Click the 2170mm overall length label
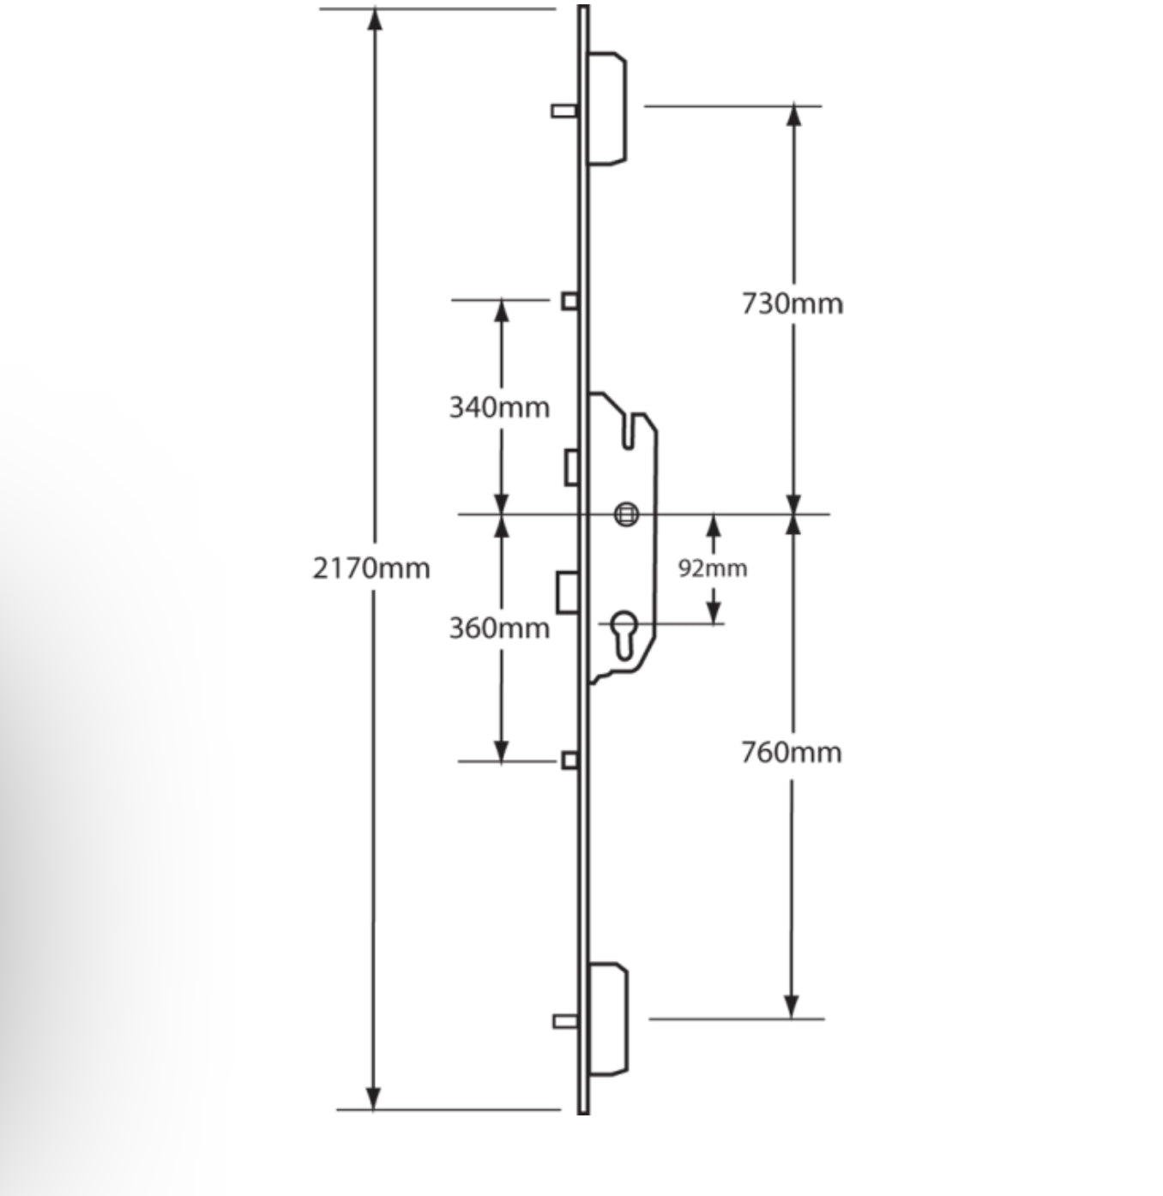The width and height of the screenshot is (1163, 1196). coord(371,568)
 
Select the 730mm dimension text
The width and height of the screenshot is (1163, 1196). coord(792,304)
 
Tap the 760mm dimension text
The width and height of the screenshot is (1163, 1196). coord(791,752)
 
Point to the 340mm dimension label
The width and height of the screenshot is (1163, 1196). coord(499,406)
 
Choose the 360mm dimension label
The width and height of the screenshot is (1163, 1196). coord(499,628)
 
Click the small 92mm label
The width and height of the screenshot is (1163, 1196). coord(712,568)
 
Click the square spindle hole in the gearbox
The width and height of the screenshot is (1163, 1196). coord(627,514)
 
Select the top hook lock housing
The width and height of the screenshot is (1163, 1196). coord(607,108)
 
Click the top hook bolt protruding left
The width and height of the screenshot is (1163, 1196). coord(563,111)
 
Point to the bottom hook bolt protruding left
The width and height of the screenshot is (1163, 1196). coord(565,1020)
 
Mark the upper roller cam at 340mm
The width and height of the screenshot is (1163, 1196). coord(569,301)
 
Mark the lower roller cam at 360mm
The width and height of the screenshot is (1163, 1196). coord(569,760)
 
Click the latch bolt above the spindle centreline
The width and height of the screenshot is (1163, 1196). coord(571,467)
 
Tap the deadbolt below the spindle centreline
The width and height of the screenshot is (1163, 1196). coord(567,592)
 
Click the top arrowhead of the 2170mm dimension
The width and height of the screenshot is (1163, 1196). coord(374,19)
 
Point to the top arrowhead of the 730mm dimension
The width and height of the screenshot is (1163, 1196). coord(794,117)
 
